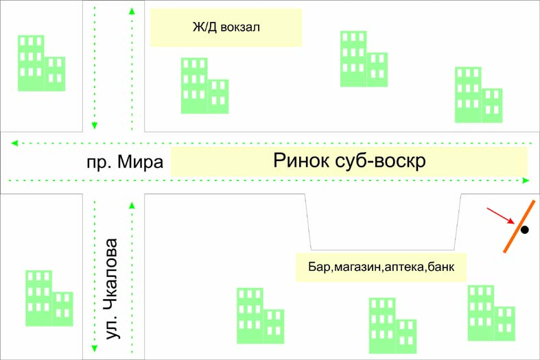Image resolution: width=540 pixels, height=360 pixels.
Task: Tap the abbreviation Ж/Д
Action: [x=204, y=28]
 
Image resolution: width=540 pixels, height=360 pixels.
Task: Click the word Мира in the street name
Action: [x=141, y=163]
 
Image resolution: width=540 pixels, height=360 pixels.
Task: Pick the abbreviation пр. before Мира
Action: [x=99, y=163]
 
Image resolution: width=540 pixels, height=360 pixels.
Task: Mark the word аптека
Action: [x=405, y=265]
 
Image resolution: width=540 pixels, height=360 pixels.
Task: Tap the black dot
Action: [x=525, y=230]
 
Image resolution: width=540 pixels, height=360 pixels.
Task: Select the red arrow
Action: [x=500, y=215]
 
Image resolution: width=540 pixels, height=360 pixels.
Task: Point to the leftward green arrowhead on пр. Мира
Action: [x=14, y=143]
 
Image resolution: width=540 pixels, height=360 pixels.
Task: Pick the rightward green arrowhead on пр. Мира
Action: [x=526, y=180]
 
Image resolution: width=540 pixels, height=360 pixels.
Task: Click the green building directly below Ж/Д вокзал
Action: [x=204, y=86]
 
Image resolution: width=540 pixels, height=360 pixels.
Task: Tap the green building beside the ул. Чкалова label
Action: [x=49, y=298]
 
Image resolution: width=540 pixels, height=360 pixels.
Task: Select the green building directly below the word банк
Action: [x=491, y=313]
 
